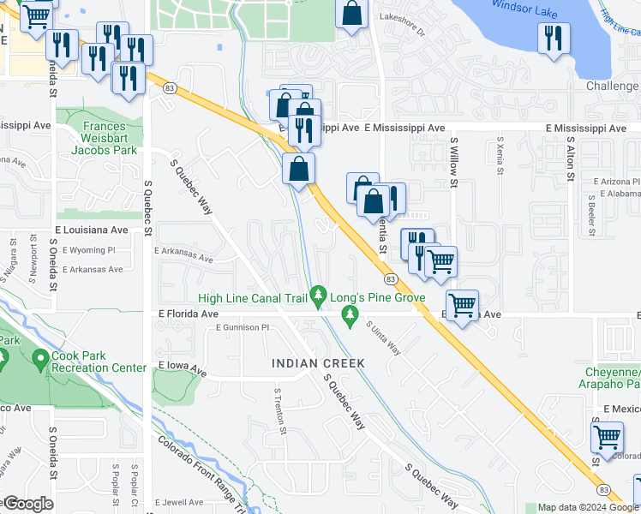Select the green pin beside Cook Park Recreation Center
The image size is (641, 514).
39,360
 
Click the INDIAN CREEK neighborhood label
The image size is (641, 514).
318,363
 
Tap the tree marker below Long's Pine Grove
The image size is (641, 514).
350,317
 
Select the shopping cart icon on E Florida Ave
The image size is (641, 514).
462,304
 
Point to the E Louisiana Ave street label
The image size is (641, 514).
92,230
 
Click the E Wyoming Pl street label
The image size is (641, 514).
86,250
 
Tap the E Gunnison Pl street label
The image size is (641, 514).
243,327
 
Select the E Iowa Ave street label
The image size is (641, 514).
183,370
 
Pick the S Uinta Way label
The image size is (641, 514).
384,338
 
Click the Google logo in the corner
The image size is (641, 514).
28,504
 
